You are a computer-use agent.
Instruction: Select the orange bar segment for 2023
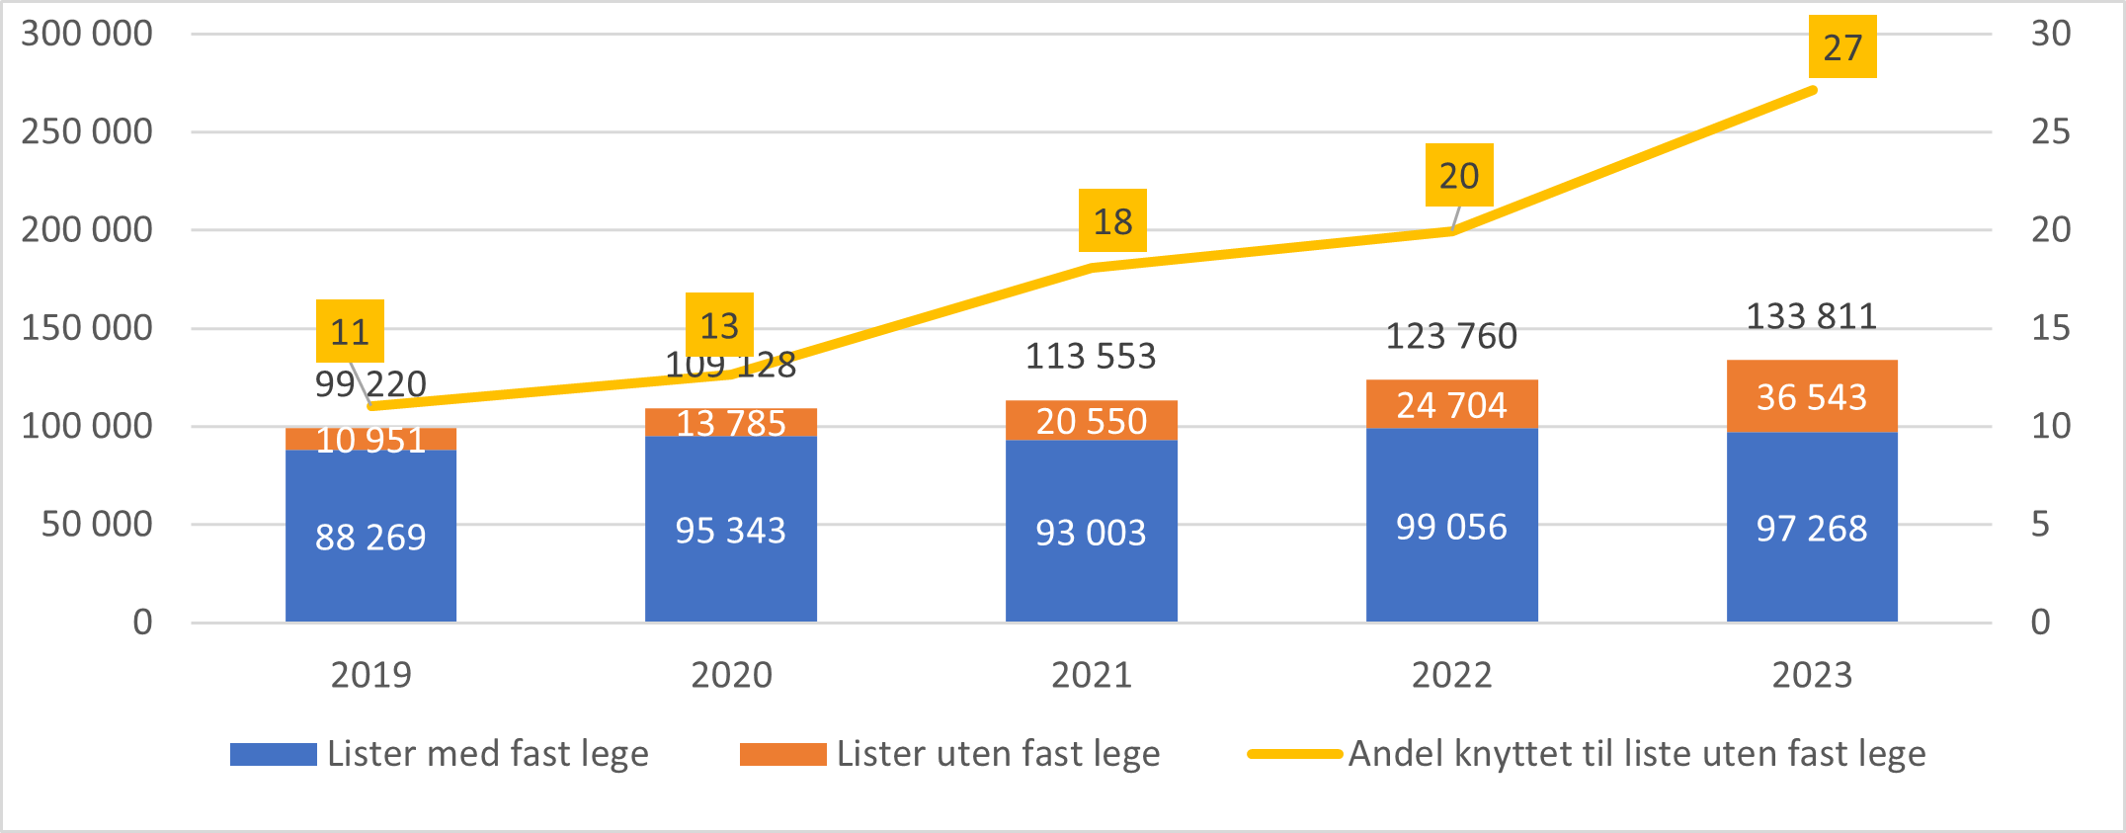click(x=1812, y=396)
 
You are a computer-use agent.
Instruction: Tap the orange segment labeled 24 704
click(x=1451, y=404)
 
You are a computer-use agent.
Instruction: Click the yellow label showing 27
click(x=1842, y=47)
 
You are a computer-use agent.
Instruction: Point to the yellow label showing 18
click(x=1112, y=221)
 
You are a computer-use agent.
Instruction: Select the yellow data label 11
click(x=350, y=332)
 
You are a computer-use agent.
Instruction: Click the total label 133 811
click(x=1811, y=316)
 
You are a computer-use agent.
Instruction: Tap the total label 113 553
click(x=1090, y=356)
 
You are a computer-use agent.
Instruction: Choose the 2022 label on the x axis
click(x=1451, y=675)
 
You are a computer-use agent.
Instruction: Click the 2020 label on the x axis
click(x=731, y=675)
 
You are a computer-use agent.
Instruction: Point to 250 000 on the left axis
click(x=87, y=131)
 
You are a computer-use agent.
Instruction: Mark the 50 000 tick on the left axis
click(x=97, y=524)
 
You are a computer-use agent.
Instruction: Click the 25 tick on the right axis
click(x=2050, y=131)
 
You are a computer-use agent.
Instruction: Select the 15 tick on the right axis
click(x=2050, y=328)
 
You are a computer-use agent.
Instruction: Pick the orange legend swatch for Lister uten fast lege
click(x=782, y=754)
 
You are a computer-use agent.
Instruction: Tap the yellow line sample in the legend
click(x=1294, y=754)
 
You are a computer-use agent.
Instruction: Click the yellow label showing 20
click(x=1458, y=176)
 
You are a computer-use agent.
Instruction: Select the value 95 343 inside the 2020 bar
click(x=730, y=531)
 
